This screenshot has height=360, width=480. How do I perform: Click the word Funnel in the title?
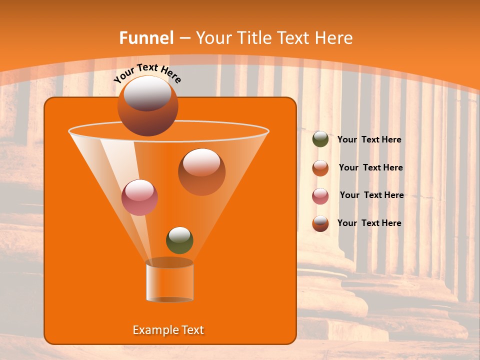pos(146,38)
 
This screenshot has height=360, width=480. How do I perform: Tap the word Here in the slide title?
pos(334,38)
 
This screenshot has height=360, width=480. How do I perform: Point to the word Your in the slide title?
pos(212,38)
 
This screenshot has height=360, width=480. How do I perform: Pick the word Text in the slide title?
pos(295,38)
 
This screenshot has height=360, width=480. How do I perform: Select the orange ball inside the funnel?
pos(201,172)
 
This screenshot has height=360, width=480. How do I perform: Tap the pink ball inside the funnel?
pos(139,197)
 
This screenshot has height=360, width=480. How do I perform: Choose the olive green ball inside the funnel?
pos(179,241)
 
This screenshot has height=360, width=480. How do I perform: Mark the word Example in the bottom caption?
pos(153,330)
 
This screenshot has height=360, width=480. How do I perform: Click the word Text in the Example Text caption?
pos(192,330)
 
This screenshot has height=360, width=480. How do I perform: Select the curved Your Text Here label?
pos(147,73)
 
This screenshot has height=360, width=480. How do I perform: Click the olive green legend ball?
pos(320,139)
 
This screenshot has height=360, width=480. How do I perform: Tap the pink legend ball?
pos(320,196)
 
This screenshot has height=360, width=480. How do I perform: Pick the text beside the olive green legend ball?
pos(369,140)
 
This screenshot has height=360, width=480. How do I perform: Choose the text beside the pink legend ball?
pos(371,195)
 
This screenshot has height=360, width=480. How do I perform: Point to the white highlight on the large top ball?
pos(147,93)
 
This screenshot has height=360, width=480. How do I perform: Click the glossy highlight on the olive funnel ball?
pos(179,234)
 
